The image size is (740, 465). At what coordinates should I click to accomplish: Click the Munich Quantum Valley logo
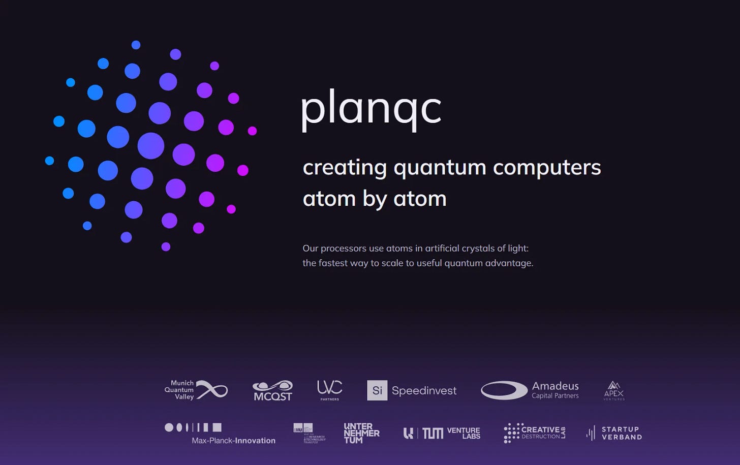(x=196, y=390)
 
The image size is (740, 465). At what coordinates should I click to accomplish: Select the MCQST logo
(x=272, y=390)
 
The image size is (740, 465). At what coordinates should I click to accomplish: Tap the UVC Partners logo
(x=329, y=390)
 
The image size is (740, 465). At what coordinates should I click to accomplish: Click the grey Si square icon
(x=377, y=390)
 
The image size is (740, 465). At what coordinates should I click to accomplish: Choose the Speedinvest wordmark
(x=424, y=390)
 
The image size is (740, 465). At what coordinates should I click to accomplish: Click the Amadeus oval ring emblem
(x=504, y=390)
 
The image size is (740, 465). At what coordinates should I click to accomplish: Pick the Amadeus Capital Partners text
(x=555, y=390)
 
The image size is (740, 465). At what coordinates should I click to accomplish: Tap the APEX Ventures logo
(x=613, y=390)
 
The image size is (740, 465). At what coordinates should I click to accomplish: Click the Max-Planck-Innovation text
(x=233, y=441)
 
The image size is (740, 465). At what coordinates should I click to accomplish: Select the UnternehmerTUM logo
(x=361, y=433)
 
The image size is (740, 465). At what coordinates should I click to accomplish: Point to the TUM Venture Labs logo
(x=441, y=433)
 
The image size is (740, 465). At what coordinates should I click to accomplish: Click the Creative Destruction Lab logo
(x=534, y=433)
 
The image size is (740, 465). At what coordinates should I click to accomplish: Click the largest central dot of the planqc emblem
(x=151, y=146)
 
